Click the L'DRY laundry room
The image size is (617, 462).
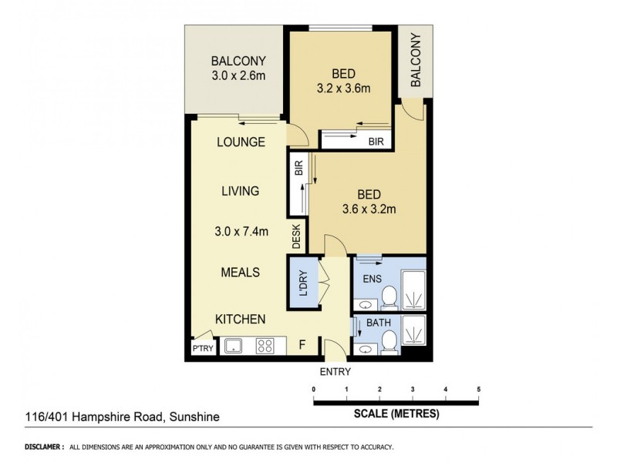[x=302, y=283]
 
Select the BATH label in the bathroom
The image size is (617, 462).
[x=378, y=324]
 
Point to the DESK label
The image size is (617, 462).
[x=296, y=237]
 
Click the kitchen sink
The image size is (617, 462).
[x=234, y=346]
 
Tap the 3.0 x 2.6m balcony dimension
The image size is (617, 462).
[x=239, y=76]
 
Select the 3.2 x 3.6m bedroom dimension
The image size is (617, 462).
[x=344, y=89]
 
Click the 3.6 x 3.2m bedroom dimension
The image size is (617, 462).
[x=369, y=209]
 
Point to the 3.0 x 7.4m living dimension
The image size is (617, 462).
[x=240, y=230]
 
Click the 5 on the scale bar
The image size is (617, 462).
[x=479, y=389]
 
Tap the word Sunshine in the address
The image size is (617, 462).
[x=194, y=417]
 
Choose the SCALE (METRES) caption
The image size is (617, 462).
[x=396, y=413]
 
